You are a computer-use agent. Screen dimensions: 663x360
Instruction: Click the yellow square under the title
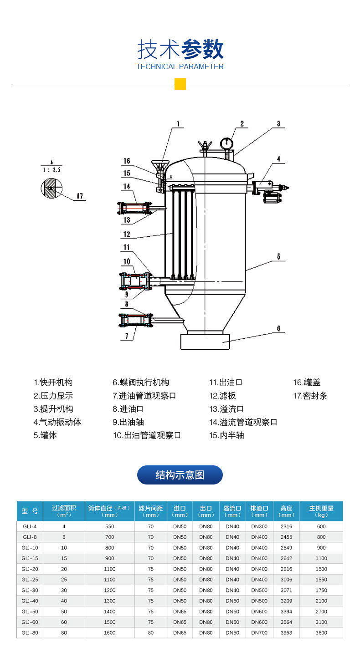pos(180,84)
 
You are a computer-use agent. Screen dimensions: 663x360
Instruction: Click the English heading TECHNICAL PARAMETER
pos(180,66)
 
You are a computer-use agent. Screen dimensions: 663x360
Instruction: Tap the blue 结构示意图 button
pos(180,475)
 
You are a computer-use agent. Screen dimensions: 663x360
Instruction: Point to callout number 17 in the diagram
pos(79,196)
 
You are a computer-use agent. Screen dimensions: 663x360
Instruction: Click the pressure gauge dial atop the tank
pos(226,143)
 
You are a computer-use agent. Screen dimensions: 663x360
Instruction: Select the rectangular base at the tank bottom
pos(205,342)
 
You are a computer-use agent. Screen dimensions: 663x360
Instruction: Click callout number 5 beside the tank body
pos(278,257)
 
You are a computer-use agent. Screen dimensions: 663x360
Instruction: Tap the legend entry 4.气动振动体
pos(57,422)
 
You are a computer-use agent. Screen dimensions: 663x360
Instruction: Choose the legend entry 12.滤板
pos(222,396)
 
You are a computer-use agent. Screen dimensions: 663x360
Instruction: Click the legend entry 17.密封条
pos(310,396)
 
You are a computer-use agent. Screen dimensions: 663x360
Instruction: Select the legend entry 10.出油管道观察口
pos(147,435)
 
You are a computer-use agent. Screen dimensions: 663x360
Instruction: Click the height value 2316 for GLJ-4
pos(286,526)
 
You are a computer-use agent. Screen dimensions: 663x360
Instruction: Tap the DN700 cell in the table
pos(259,632)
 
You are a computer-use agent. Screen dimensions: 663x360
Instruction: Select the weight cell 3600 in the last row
pos(321,632)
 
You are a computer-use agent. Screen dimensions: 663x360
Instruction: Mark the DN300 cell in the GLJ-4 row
pos(259,526)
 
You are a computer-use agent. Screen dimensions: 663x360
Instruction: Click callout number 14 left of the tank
pos(127,187)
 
